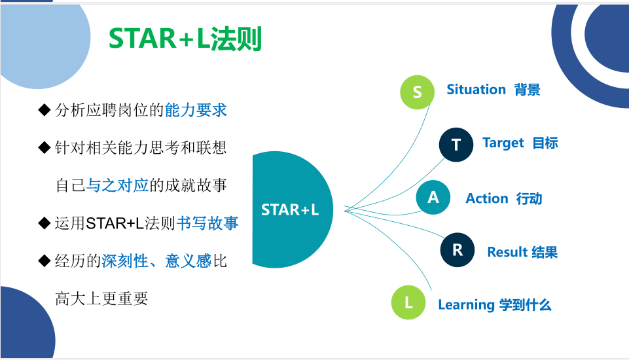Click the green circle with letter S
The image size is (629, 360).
point(417,92)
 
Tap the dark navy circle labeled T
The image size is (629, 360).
point(456,145)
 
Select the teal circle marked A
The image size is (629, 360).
point(433,197)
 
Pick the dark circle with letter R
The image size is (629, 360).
point(458,249)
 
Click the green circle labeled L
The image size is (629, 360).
point(408,302)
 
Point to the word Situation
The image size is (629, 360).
point(476,89)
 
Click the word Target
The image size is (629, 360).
point(503,143)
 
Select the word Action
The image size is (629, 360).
point(486,198)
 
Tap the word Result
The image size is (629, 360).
point(507,252)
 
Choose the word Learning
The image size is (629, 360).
point(466,305)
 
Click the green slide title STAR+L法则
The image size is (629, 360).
point(185,39)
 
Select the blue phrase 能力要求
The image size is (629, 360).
point(196,110)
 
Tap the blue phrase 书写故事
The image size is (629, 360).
point(207,223)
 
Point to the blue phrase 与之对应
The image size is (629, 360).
point(118,185)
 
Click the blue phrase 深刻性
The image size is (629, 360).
point(125,261)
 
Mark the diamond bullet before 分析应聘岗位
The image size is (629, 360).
point(44,109)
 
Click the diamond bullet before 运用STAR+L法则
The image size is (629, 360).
point(44,223)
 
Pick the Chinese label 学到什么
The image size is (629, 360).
point(525,305)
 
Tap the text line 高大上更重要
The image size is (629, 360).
point(101,298)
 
